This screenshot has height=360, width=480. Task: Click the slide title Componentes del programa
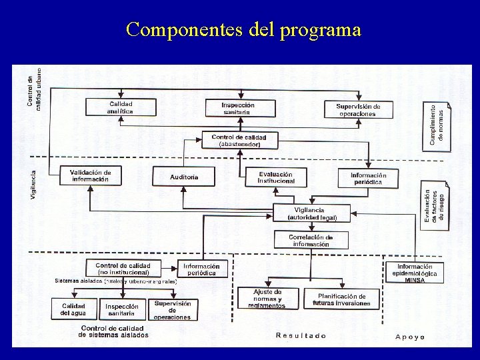pos(243,30)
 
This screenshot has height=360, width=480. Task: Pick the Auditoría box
pos(184,177)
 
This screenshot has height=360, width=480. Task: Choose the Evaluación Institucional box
pos(275,177)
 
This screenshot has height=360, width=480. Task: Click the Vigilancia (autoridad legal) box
pos(312,213)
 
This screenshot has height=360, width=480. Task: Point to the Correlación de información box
pos(311,241)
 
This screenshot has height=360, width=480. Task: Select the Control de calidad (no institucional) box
pos(123,268)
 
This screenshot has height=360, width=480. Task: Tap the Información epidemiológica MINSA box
pos(415,273)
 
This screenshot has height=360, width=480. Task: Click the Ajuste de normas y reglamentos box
pos(268,299)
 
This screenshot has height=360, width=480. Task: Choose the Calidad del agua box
pos(73,309)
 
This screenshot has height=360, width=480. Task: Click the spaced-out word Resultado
pos(301,336)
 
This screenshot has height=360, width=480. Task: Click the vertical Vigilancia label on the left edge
pos(33,184)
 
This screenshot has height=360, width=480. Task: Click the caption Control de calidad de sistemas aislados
pos(114,331)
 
